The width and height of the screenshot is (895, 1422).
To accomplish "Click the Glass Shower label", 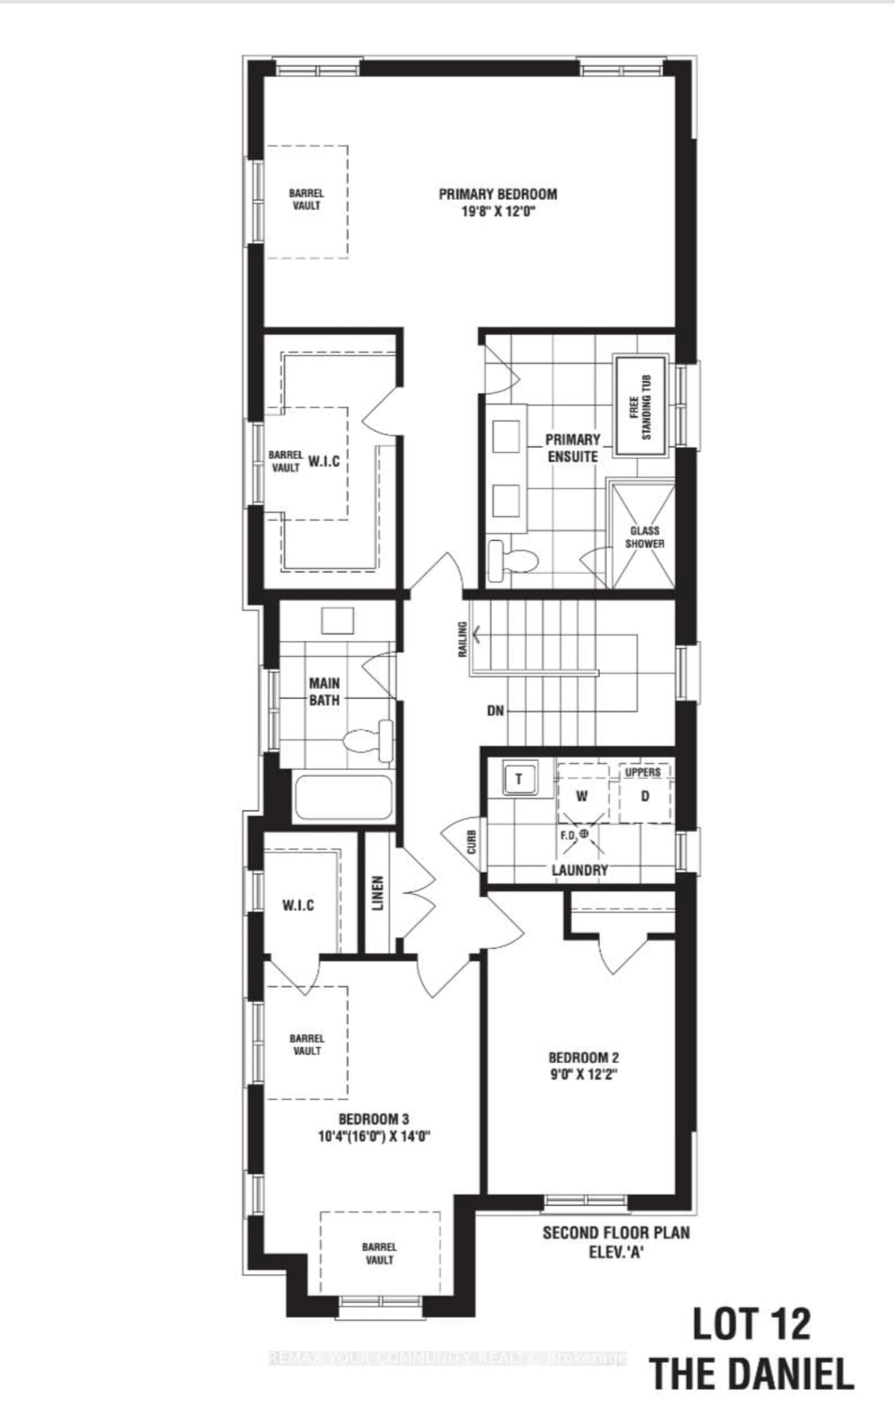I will click(x=644, y=537).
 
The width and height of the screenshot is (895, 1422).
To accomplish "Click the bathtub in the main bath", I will click(x=343, y=797).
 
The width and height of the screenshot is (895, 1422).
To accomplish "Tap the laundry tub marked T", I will click(x=519, y=778).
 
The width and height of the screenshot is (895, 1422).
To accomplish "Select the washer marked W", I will click(x=582, y=796).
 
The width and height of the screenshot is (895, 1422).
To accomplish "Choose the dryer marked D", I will click(x=645, y=796).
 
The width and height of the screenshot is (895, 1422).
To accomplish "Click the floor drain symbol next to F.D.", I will click(x=584, y=833).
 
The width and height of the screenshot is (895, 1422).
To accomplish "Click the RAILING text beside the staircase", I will click(x=463, y=639).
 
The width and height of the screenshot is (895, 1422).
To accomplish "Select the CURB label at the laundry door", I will click(x=472, y=842).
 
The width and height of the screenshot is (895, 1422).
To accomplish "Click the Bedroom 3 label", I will click(x=373, y=1118).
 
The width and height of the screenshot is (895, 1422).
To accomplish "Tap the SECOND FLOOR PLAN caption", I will click(x=616, y=1232).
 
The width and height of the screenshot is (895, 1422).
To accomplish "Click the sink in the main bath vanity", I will click(x=337, y=621).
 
